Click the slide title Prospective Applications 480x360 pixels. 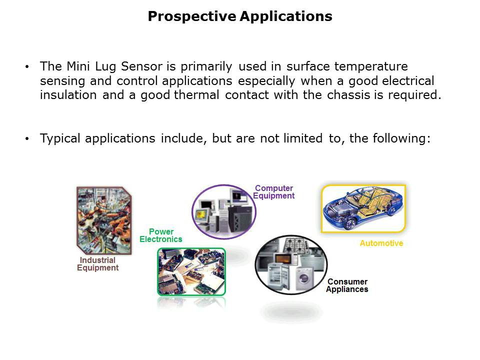pos(240,16)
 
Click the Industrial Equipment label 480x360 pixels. pos(97,264)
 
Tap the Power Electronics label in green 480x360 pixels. pos(161,235)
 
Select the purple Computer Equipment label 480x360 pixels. pos(273,192)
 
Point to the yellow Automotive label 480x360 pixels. pos(381,243)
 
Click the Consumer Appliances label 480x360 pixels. pos(347,285)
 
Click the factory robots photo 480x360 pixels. pos(104,220)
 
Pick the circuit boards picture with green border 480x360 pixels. pos(191,271)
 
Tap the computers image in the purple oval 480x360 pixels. pos(223,211)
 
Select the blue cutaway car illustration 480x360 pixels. pos(363,208)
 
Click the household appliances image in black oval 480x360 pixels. pos(291,264)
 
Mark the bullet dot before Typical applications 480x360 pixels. pos(27,139)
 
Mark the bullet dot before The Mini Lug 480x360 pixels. pos(27,67)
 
